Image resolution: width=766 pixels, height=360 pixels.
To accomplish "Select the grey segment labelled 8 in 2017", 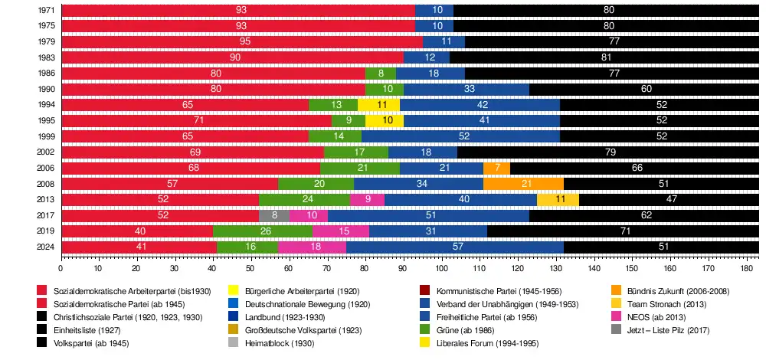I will click(274, 215).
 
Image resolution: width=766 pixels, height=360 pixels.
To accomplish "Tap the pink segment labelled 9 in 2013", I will click(368, 199).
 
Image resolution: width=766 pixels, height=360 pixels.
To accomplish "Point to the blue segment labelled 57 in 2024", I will click(455, 247).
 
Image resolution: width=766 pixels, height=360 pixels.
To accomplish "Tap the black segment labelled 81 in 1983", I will click(604, 57).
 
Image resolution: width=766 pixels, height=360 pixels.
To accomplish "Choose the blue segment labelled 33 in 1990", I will click(466, 89).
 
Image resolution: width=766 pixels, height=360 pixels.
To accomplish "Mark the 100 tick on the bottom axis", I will click(441, 269).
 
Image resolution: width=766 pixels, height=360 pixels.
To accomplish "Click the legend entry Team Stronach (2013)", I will click(663, 303).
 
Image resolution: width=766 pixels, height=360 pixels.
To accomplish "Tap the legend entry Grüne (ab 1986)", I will click(460, 329).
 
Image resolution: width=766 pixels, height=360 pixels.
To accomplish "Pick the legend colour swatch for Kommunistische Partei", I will click(424, 290).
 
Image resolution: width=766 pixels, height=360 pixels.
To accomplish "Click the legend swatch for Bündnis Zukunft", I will click(616, 290).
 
